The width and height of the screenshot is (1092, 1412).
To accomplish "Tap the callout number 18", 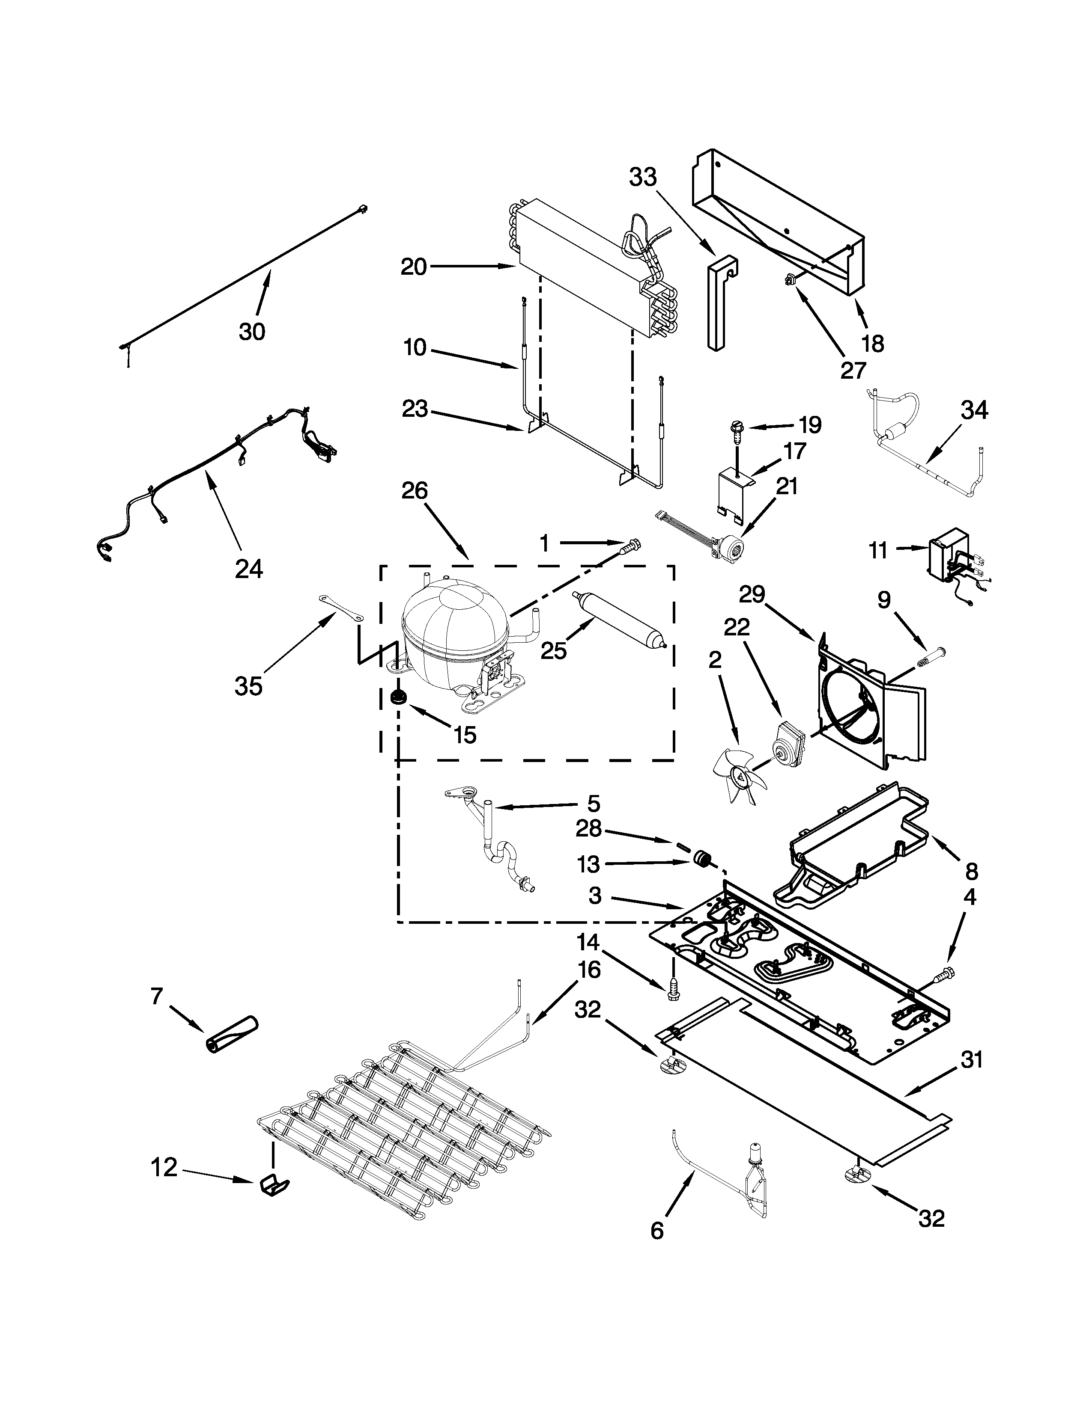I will click(x=873, y=344).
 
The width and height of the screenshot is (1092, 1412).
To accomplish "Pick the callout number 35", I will click(x=248, y=686).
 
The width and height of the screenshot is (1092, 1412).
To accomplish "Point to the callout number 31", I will click(x=972, y=1060).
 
